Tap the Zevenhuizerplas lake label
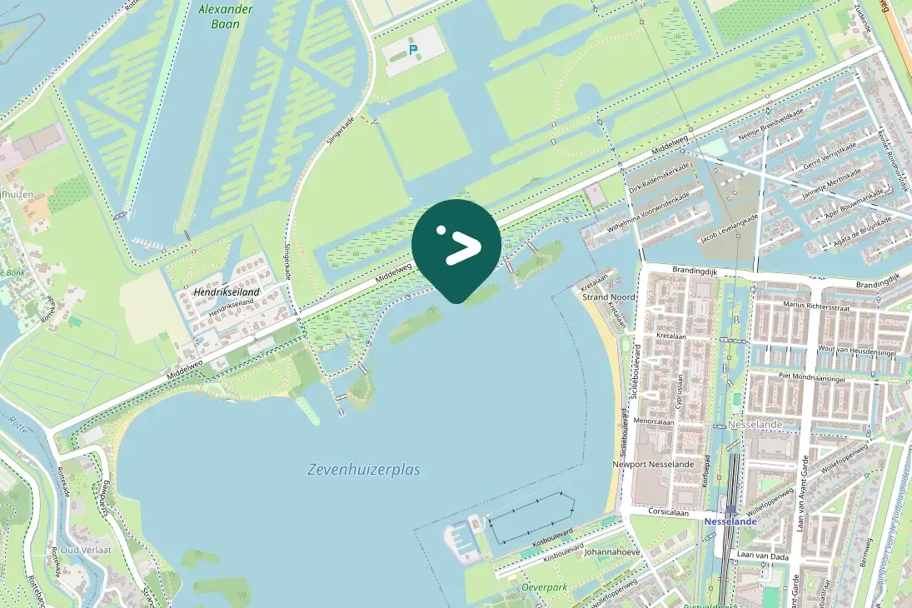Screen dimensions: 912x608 [x=363, y=470]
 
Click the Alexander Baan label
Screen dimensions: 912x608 [x=220, y=17]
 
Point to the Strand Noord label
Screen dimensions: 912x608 [x=608, y=297]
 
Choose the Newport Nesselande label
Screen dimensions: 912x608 [x=652, y=464]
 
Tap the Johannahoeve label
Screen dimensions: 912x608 [x=611, y=551]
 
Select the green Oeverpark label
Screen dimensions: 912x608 [x=544, y=587]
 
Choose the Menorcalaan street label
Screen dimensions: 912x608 [x=653, y=422]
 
